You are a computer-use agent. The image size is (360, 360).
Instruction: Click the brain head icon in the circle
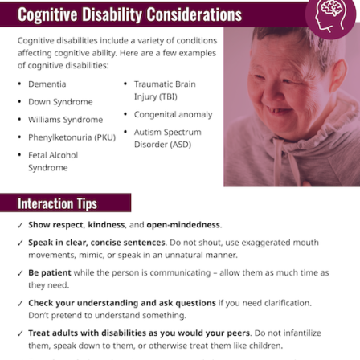pos(330,16)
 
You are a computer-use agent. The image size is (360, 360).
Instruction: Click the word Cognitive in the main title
pos(47,14)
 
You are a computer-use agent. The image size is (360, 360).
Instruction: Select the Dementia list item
pos(47,84)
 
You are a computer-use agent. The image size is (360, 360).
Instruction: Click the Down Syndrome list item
pos(60,102)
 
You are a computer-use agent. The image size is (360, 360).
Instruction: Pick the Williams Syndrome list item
pos(66,120)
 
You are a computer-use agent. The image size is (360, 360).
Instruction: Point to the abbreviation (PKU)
pos(105,137)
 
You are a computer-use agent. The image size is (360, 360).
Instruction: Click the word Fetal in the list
pos(38,155)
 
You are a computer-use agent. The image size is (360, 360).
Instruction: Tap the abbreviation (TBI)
pos(166,96)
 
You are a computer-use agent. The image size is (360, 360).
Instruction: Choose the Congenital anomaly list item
pos(174,115)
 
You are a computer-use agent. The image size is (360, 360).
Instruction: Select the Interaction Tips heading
pos(57,203)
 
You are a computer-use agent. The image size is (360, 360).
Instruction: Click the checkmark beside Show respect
pos(20,225)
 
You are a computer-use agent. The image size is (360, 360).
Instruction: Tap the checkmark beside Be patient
pos(20,273)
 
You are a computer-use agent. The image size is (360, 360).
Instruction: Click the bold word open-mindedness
pos(183,225)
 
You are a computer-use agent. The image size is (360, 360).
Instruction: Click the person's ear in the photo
pos(337,76)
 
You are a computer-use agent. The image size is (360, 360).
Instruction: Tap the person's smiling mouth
pos(279,110)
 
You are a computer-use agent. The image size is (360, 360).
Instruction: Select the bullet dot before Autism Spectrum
pos(125,132)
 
